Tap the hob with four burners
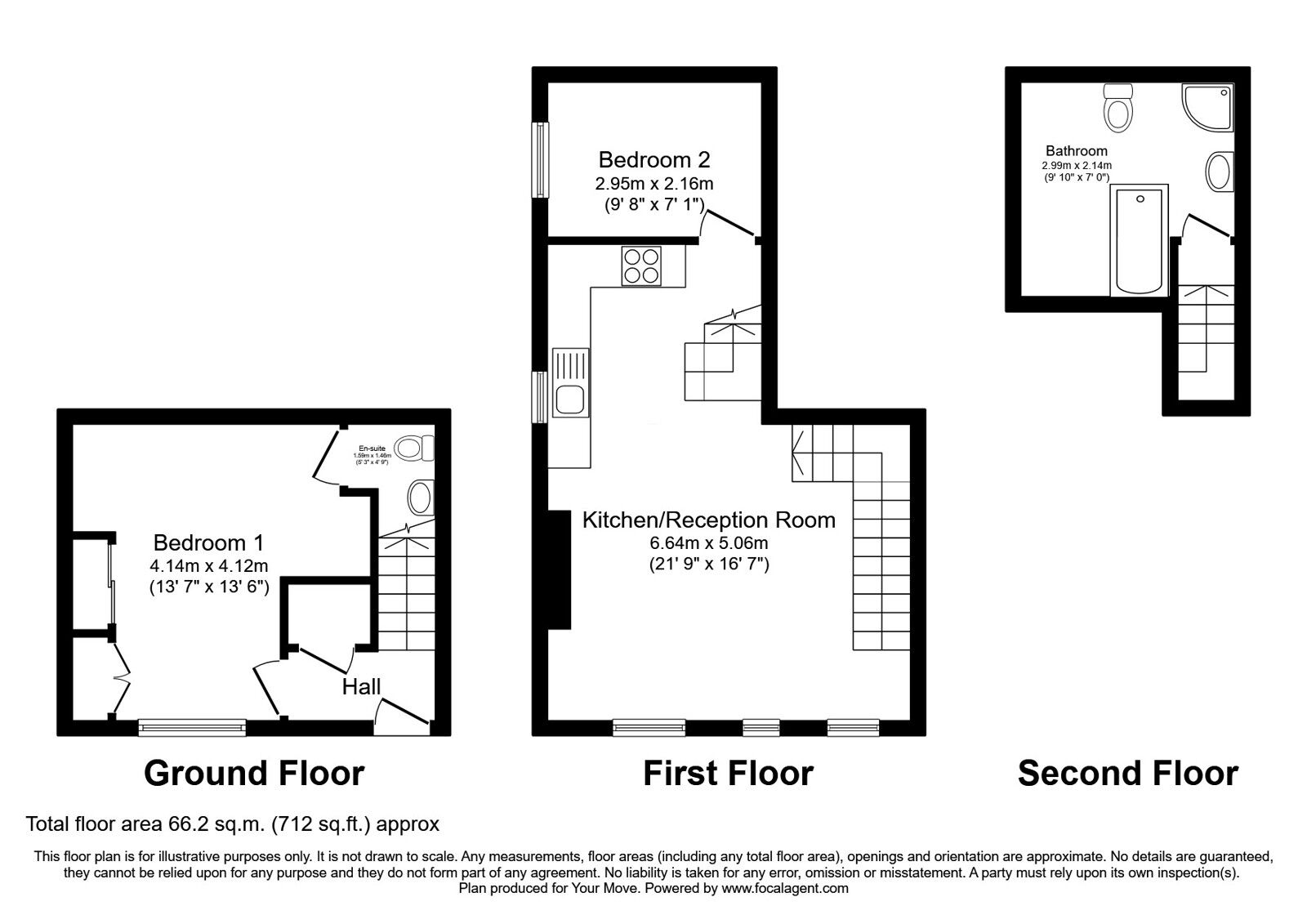tap(641, 266)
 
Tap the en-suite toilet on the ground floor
tap(415, 448)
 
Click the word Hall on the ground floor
tap(361, 686)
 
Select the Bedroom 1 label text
tap(208, 542)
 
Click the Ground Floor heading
tap(254, 773)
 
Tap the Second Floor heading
tap(1127, 773)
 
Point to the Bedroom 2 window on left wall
tap(540, 159)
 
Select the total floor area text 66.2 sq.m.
tap(233, 823)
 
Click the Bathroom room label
tap(1077, 150)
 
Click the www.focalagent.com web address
tap(785, 888)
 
